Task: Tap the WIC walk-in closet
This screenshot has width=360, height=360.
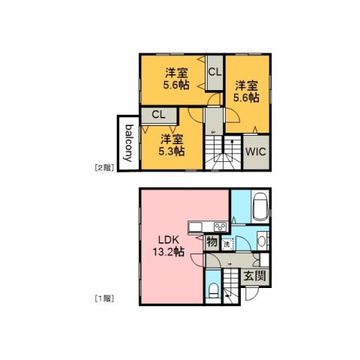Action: tap(255, 148)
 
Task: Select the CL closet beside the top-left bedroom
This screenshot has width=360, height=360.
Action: tap(214, 72)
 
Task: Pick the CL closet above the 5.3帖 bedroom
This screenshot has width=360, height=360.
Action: tap(158, 114)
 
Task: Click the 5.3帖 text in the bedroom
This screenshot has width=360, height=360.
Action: tap(172, 150)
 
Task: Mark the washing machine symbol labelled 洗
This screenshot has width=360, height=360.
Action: tap(227, 242)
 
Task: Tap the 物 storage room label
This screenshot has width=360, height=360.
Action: tap(211, 242)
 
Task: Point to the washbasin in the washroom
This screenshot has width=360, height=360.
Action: tap(260, 239)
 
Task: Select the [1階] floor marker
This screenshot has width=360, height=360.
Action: tap(103, 298)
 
